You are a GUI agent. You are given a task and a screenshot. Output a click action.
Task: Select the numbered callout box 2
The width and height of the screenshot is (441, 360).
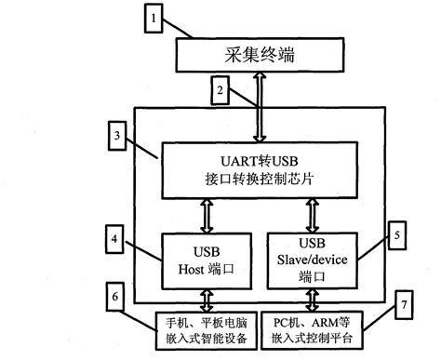pos(219,91)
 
